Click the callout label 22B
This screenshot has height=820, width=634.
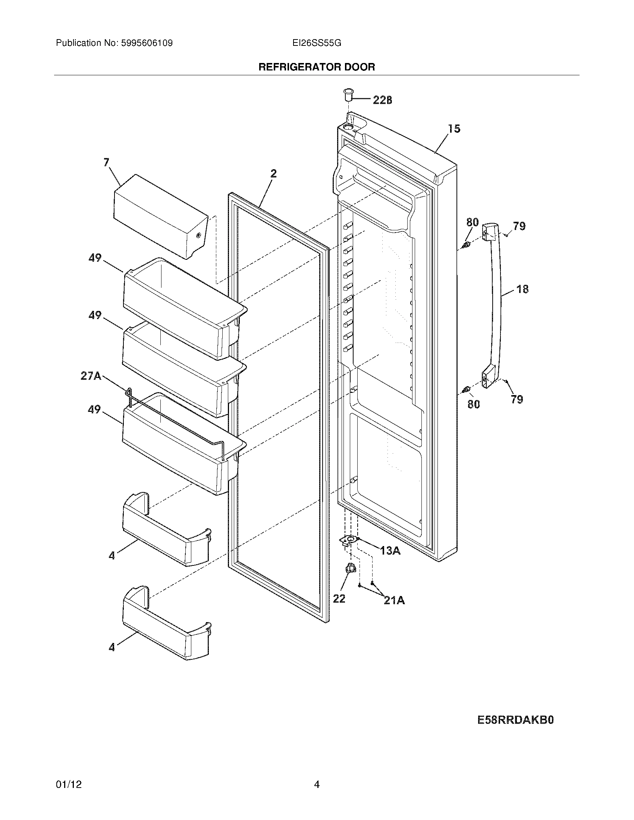tap(382, 100)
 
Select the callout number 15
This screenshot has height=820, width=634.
tap(454, 129)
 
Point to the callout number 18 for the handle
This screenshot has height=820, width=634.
tap(522, 289)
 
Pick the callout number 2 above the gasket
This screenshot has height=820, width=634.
tap(273, 173)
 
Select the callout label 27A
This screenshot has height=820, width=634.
tap(91, 376)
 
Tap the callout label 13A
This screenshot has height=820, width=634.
tap(390, 551)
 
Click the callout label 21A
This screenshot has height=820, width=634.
tap(394, 601)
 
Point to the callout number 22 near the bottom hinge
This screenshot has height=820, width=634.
tap(339, 599)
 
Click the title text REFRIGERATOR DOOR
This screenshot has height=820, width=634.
tap(317, 67)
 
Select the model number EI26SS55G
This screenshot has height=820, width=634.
tap(317, 43)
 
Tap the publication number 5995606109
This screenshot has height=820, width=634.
tap(147, 43)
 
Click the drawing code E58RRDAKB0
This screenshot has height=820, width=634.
tap(515, 720)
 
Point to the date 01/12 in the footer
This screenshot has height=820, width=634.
tap(69, 774)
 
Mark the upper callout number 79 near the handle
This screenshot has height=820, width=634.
tap(520, 226)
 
